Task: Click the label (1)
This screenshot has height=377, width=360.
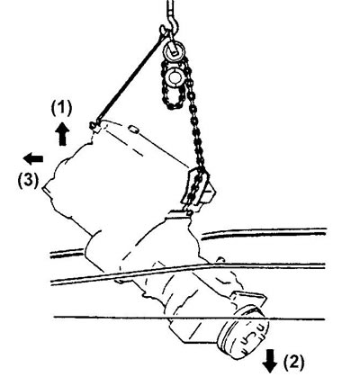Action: coord(61,109)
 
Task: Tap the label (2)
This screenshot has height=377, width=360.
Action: coord(293,362)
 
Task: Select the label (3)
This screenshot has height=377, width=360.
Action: coord(29,182)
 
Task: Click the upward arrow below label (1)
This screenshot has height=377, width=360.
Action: coord(62,134)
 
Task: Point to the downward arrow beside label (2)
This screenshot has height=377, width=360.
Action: coord(270,361)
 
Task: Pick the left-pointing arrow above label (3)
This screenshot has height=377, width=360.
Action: coord(33,159)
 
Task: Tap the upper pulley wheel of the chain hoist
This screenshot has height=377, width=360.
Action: coord(174,50)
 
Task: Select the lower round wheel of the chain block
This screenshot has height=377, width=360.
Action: coord(174,77)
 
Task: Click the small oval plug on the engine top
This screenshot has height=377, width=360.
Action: coord(133,130)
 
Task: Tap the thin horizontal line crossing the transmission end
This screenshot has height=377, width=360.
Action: coord(189,318)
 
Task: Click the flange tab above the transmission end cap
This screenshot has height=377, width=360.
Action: coord(248,300)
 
